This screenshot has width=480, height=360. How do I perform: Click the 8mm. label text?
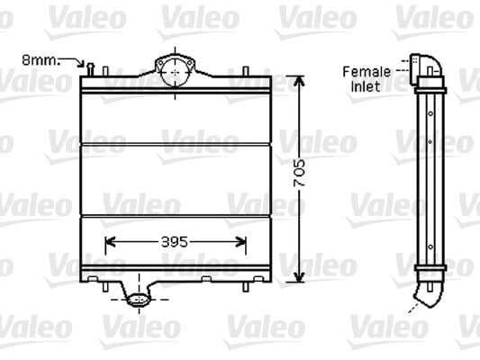pos(39,60)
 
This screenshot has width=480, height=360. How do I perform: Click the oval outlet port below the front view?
pos(138,301)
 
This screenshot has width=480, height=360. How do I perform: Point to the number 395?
pos(176,240)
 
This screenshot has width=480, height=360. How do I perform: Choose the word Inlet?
pos(366,86)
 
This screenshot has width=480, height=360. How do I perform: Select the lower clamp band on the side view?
pos(430,269)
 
